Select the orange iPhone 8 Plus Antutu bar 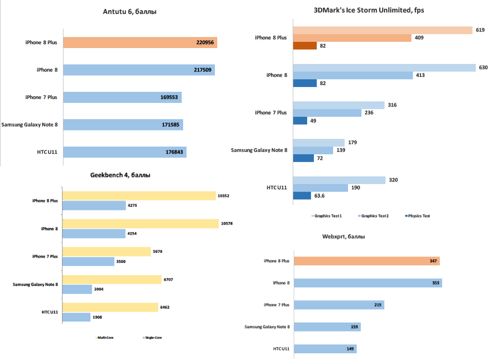(140, 43)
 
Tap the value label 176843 (174, 152)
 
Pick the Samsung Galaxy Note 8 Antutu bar (123, 125)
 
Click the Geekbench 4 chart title (120, 175)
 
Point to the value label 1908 (98, 317)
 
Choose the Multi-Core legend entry (105, 338)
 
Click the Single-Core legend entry (153, 338)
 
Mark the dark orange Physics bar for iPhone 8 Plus (305, 46)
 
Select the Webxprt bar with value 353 (368, 283)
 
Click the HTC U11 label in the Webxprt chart (281, 349)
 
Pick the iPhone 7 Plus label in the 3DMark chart (271, 113)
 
